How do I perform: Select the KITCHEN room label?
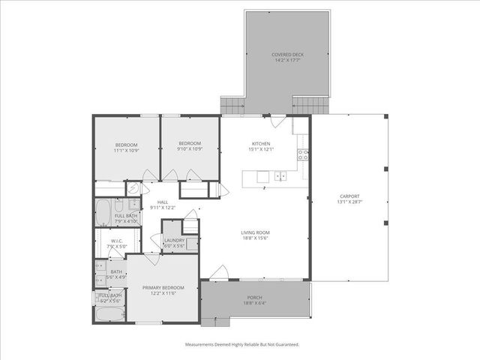[x=260, y=143]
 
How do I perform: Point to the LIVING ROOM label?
[x=255, y=232]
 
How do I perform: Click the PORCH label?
[x=255, y=298]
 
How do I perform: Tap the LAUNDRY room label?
[x=174, y=240]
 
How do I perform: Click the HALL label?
[x=161, y=201]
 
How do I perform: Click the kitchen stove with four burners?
[x=304, y=156]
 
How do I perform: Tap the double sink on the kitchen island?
[x=280, y=176]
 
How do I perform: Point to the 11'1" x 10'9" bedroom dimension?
[x=126, y=149]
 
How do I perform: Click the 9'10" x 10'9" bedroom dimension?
[x=190, y=149]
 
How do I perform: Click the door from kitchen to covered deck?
[x=276, y=120]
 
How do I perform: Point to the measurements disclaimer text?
[x=242, y=344]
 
